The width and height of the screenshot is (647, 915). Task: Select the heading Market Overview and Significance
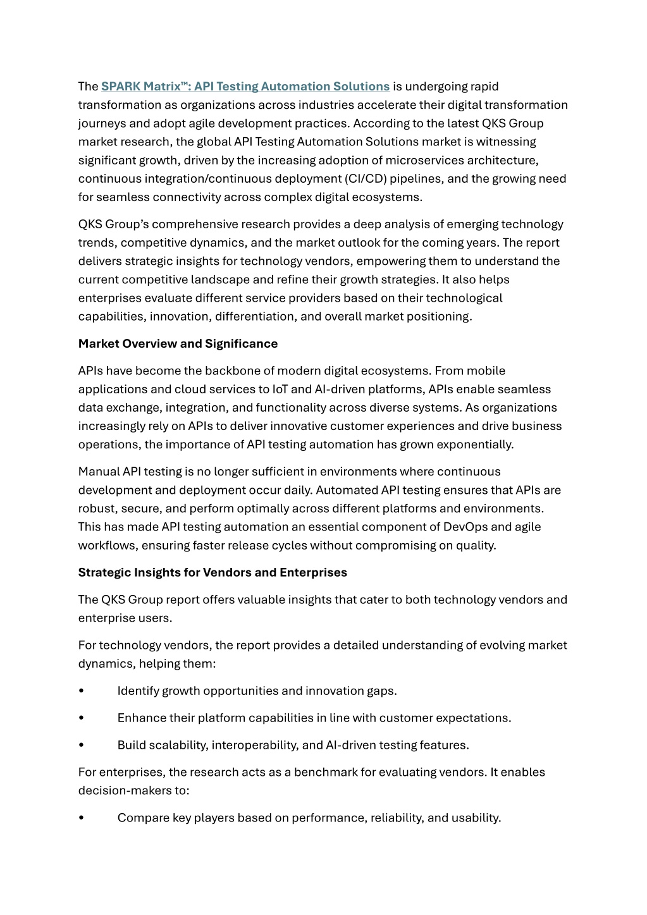(178, 344)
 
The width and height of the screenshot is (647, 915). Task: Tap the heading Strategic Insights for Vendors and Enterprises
(213, 573)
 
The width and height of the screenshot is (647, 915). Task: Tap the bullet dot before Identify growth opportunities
(81, 691)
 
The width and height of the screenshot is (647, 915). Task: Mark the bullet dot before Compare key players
(81, 818)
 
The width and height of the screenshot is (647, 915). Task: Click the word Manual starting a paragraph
(99, 472)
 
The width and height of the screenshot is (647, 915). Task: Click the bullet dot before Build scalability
(81, 746)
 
